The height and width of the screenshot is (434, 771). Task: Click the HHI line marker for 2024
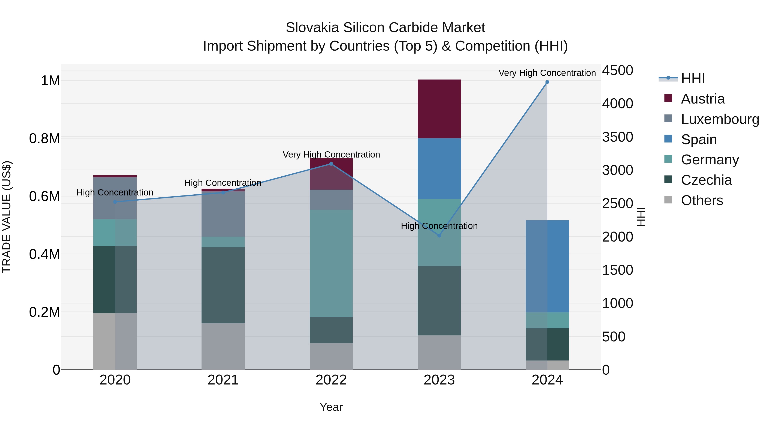click(547, 82)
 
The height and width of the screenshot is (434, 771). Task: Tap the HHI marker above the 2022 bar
click(331, 164)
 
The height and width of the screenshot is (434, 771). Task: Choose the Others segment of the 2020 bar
click(115, 341)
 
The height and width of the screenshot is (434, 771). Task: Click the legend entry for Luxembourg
click(720, 119)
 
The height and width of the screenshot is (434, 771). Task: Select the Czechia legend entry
click(706, 180)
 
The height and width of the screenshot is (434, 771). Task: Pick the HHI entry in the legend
click(693, 78)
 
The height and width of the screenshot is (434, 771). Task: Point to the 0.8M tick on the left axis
click(45, 139)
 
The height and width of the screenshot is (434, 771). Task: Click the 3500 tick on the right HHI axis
click(617, 137)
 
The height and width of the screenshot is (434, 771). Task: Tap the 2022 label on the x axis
click(331, 380)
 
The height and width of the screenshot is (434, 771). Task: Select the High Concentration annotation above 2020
click(115, 192)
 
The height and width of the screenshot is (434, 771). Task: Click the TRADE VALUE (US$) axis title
click(7, 217)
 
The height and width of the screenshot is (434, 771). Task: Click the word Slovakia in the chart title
click(312, 28)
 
